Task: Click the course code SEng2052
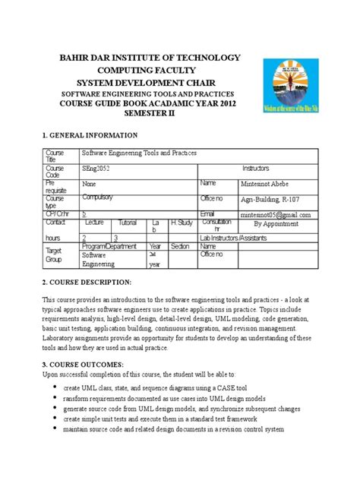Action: pos(97,169)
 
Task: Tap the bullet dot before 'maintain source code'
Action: pos(55,429)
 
